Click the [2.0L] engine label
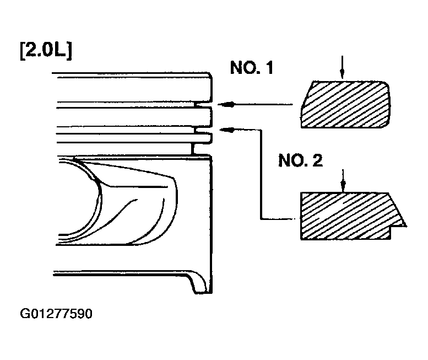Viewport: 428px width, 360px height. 46,51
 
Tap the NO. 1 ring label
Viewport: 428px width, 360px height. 252,68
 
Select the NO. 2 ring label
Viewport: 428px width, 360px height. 301,160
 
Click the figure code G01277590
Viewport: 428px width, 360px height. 56,314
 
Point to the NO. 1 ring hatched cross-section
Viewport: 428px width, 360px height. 345,104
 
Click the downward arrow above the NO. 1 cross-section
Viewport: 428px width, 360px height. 342,67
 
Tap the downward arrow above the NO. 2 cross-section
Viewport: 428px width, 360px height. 343,180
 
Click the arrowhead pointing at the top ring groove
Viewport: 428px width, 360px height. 226,104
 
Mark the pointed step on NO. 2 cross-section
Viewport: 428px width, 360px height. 406,226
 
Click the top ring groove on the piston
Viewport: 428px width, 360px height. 203,105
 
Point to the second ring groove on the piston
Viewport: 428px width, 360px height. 203,130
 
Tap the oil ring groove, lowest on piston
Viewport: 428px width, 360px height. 202,149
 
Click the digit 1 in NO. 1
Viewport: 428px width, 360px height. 269,68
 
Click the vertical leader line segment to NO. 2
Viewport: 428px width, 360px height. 261,174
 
